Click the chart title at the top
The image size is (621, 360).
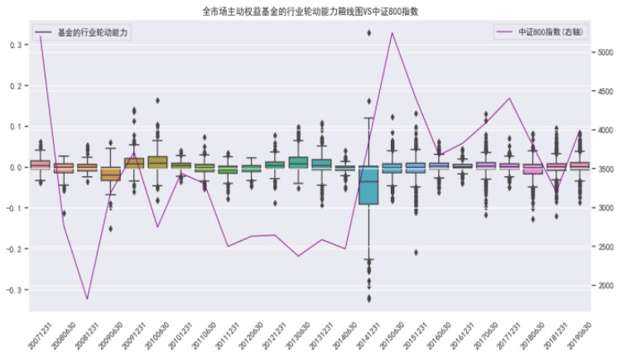[x=310, y=12]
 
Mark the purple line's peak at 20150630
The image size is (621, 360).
[x=392, y=33]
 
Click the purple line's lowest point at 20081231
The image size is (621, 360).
[x=87, y=299]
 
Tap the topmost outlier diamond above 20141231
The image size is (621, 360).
[x=368, y=33]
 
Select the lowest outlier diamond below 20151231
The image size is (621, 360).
[x=416, y=252]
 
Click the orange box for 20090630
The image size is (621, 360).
[x=110, y=173]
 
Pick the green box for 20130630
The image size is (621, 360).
[x=298, y=162]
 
